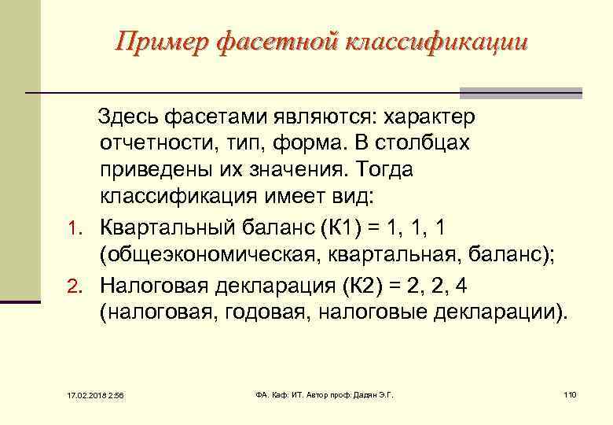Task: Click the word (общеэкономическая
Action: coord(200,255)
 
